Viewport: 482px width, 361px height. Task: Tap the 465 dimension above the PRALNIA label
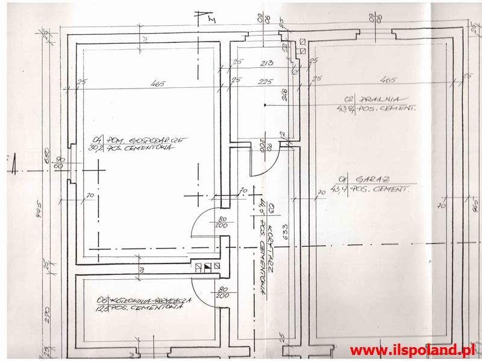tap(389, 79)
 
